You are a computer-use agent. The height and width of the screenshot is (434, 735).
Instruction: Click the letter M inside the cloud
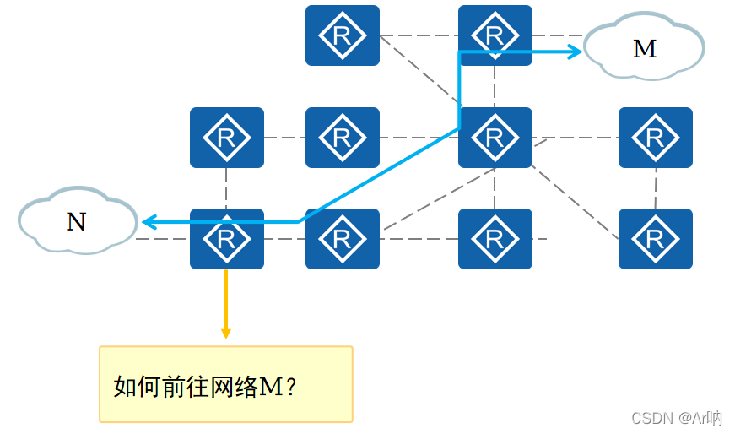click(645, 49)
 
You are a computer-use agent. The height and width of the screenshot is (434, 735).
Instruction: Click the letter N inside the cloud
click(76, 222)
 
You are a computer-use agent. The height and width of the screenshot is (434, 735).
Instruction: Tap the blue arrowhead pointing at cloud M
click(576, 52)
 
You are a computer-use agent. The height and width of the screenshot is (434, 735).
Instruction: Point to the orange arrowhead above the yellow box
click(226, 332)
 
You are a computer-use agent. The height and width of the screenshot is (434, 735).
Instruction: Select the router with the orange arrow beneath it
click(226, 239)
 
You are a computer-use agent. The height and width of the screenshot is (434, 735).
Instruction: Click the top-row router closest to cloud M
click(495, 35)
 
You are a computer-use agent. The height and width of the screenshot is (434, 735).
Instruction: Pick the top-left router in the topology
click(342, 35)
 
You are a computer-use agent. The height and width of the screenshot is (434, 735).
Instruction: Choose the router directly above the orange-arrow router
click(226, 138)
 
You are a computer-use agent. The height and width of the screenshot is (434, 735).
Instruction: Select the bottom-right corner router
click(655, 239)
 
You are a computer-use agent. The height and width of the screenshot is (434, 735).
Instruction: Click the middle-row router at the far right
click(655, 138)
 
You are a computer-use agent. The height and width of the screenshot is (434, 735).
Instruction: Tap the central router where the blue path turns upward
click(495, 138)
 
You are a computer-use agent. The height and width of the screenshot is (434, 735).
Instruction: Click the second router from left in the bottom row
click(342, 239)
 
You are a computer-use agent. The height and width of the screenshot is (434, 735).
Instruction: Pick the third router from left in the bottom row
click(495, 239)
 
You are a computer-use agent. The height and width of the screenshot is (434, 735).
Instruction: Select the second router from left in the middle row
click(342, 138)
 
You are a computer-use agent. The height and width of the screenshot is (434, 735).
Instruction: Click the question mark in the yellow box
click(291, 388)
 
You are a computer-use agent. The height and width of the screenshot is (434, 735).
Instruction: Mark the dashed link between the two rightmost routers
click(656, 188)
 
